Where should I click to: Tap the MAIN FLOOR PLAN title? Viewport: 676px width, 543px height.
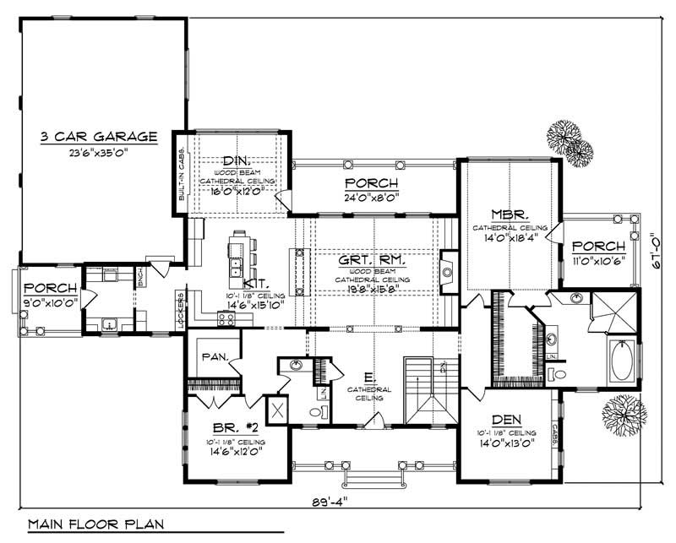(95, 524)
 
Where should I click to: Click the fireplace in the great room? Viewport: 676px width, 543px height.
(450, 271)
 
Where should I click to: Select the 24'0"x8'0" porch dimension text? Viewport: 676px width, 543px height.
(372, 197)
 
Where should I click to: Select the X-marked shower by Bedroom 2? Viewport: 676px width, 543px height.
(276, 410)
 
